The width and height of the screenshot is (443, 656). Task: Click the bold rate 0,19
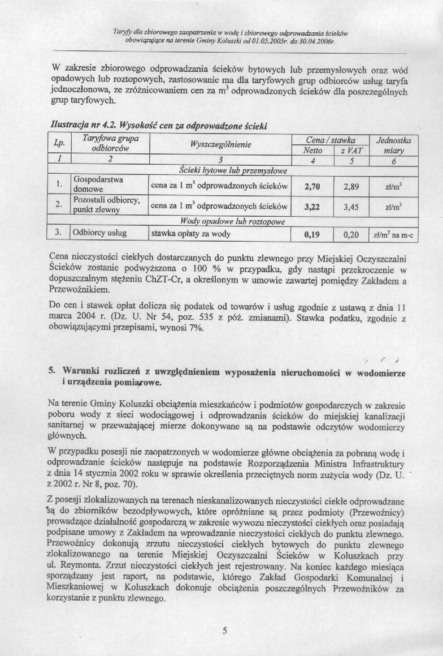click(x=312, y=233)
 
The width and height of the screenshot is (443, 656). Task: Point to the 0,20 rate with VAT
click(x=351, y=233)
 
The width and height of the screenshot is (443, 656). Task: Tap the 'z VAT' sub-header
click(x=351, y=151)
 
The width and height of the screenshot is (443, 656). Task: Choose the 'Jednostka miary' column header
click(x=393, y=145)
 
